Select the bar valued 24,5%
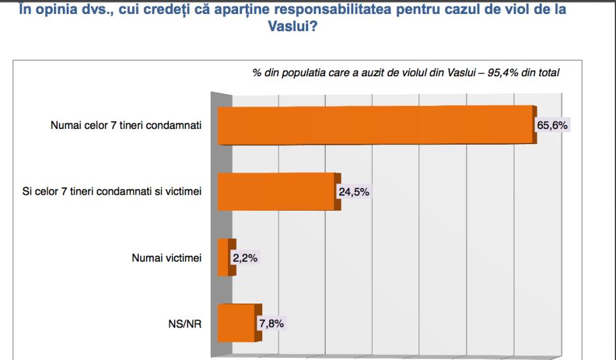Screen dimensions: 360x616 tap(277, 192)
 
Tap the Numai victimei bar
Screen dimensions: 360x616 tap(225, 258)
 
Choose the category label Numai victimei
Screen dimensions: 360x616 tap(166, 258)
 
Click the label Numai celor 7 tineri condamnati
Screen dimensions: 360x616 tap(126, 125)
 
